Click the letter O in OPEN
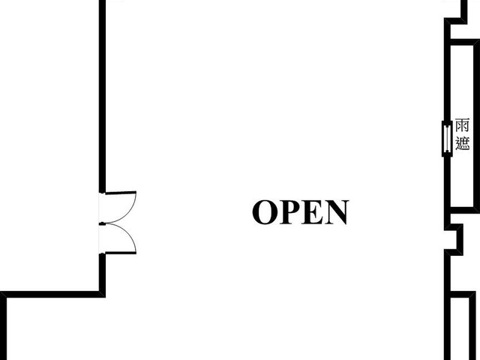tap(265, 212)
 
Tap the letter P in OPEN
tap(289, 212)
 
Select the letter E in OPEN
tap(313, 212)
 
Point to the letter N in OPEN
tap(337, 212)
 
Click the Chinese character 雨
tap(462, 126)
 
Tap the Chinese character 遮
tap(462, 143)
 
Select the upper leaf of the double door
tap(121, 193)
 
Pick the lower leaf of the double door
tap(121, 253)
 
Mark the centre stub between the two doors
tap(102, 223)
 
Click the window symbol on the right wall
tap(447, 139)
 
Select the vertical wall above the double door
tap(102, 97)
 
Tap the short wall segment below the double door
tap(102, 272)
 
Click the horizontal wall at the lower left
tap(52, 295)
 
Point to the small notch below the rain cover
tap(455, 239)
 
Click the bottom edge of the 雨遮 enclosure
tap(463, 210)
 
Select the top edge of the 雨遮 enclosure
tap(463, 43)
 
